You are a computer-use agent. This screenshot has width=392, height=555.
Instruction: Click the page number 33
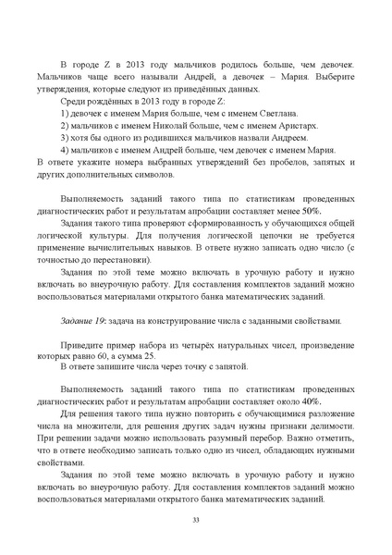pos(196,522)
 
